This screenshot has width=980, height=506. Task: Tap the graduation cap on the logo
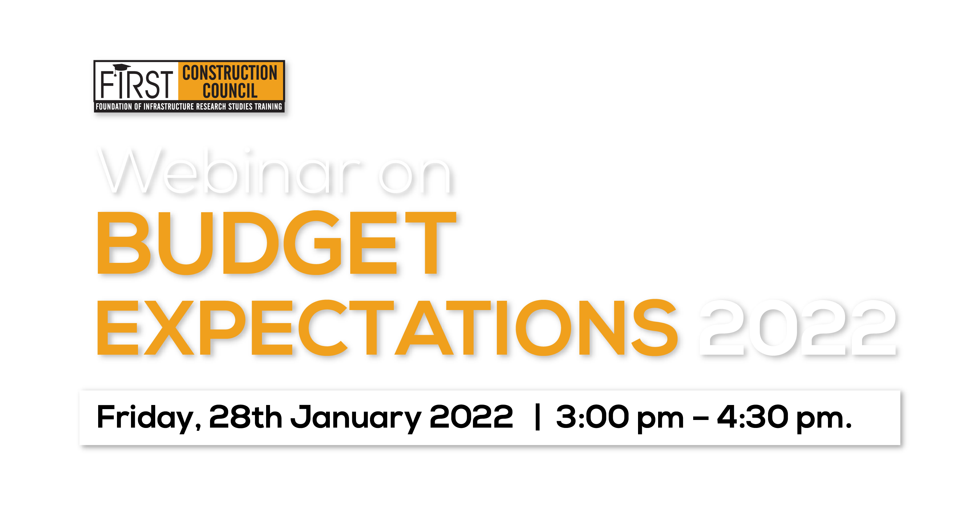pos(121,68)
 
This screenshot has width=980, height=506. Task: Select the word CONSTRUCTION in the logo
pos(230,73)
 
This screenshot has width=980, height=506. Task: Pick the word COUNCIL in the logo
pos(230,91)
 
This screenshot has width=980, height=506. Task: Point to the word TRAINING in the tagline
pos(268,106)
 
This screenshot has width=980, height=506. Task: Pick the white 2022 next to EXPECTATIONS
pos(799,328)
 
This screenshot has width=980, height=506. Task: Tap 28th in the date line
pos(245,417)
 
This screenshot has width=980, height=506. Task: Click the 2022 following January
pos(471,417)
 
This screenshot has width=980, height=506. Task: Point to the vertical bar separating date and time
pos(537,417)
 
